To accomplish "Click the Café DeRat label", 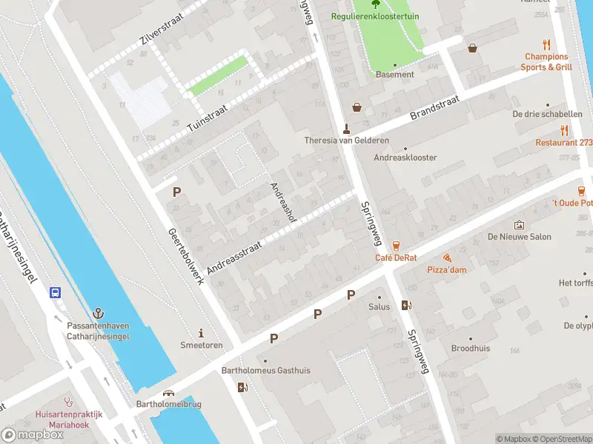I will click(x=395, y=258).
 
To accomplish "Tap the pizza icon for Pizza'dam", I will click(x=447, y=258).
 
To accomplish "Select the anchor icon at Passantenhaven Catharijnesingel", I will click(x=99, y=314).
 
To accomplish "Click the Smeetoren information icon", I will click(x=200, y=333).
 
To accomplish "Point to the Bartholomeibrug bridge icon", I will click(x=168, y=393).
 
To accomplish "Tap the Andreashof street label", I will click(x=283, y=202).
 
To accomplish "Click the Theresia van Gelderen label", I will click(x=346, y=141).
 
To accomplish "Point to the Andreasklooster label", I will click(x=405, y=158).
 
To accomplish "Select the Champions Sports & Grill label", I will click(x=546, y=61).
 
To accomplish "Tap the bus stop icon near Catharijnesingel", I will click(x=56, y=292).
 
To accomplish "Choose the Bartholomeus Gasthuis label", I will click(x=265, y=370).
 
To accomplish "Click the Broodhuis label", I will click(x=470, y=348).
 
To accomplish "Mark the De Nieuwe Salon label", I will click(x=519, y=237).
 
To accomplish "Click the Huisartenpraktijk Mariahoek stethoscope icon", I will click(x=69, y=403).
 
